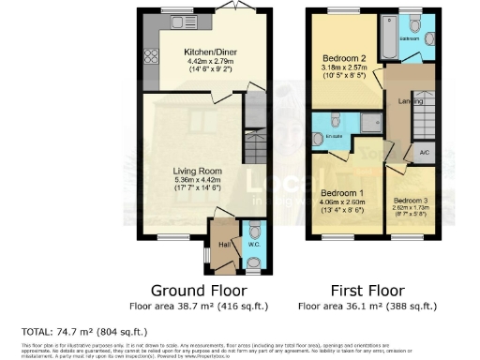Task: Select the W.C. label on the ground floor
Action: (x=252, y=245)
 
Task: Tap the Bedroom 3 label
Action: (x=410, y=201)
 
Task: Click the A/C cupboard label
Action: (x=424, y=152)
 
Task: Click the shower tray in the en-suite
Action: (x=368, y=121)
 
